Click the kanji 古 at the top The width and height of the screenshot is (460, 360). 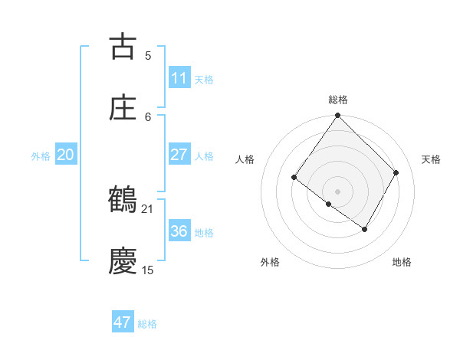pos(123,47)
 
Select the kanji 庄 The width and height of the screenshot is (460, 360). pos(123,108)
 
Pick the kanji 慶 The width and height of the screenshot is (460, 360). pos(123,261)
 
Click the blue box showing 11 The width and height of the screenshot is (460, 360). pos(179,78)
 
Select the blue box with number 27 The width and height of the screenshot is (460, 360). pos(179,155)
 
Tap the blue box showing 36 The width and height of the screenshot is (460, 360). pos(179,231)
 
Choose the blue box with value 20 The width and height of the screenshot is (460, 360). pos(66,155)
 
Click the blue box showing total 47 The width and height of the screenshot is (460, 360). pos(123,322)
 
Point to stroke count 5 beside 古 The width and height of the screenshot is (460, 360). pos(148,55)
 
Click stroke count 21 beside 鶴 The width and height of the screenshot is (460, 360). pos(148,208)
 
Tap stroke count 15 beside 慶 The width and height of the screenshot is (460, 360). pos(148,270)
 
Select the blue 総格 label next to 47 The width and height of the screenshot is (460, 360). pos(147,324)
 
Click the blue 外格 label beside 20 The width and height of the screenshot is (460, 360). pos(41,156)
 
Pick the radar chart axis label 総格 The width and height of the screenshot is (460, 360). pos(338,100)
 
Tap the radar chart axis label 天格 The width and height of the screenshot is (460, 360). pos(431,159)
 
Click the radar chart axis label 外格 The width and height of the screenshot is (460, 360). pos(269,262)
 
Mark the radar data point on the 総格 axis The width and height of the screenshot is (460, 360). pos(337,116)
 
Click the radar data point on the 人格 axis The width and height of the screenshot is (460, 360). pos(294,177)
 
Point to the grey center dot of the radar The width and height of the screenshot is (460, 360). pos(337,191)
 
